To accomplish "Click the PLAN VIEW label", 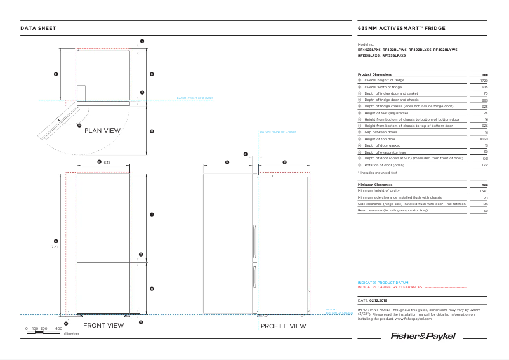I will pos(102,130).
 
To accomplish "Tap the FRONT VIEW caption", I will pos(103,326).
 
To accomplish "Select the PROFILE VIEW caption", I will pos(283,326).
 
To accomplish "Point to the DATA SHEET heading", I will pos(38,28).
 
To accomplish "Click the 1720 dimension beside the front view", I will pos(55,247).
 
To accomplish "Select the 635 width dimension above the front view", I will pos(107,163).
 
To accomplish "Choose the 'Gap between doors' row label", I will pos(381,132).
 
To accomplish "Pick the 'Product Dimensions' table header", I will pos(374,74).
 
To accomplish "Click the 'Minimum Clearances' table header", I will pos(375,185).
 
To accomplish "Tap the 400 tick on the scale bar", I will pos(59,328).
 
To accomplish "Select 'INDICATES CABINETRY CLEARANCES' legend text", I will pos(390,287).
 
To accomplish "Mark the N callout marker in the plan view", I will pos(79,125).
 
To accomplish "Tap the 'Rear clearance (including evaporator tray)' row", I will pos(393,210).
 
